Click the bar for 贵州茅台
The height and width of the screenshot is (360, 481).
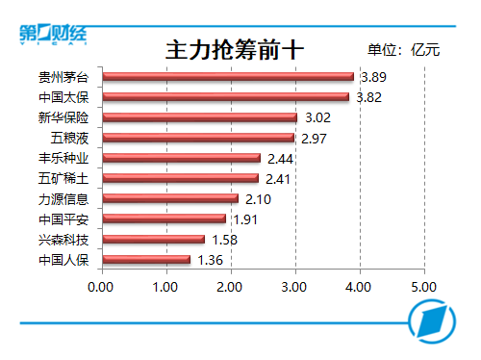pyautogui.click(x=228, y=77)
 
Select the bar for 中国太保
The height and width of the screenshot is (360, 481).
pyautogui.click(x=226, y=97)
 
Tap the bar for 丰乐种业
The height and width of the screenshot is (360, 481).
pyautogui.click(x=182, y=158)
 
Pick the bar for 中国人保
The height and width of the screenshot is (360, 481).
pyautogui.click(x=146, y=259)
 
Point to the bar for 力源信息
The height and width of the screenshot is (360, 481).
pyautogui.click(x=170, y=198)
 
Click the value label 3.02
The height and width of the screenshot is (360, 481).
pyautogui.click(x=317, y=117)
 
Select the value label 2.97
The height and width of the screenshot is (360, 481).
pyautogui.click(x=314, y=139)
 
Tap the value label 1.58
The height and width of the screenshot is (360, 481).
pyautogui.click(x=225, y=240)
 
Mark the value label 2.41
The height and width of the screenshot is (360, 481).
pyautogui.click(x=278, y=179)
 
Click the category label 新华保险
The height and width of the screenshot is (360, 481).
pyautogui.click(x=63, y=117)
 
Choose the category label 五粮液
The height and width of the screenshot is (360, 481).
pyautogui.click(x=69, y=138)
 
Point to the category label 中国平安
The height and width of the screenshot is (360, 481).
pyautogui.click(x=63, y=219)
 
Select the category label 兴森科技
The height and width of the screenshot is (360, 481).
pyautogui.click(x=63, y=240)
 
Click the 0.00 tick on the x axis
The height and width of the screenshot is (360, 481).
pyautogui.click(x=100, y=287)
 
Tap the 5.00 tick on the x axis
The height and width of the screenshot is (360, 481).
pyautogui.click(x=424, y=287)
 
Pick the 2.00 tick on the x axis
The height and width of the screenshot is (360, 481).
pyautogui.click(x=229, y=287)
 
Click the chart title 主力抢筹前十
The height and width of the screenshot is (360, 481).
pyautogui.click(x=235, y=50)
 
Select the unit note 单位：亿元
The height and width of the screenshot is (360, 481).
pyautogui.click(x=404, y=50)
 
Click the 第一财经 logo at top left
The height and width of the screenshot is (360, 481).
pyautogui.click(x=53, y=34)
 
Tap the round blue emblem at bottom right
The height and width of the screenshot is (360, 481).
pyautogui.click(x=432, y=321)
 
